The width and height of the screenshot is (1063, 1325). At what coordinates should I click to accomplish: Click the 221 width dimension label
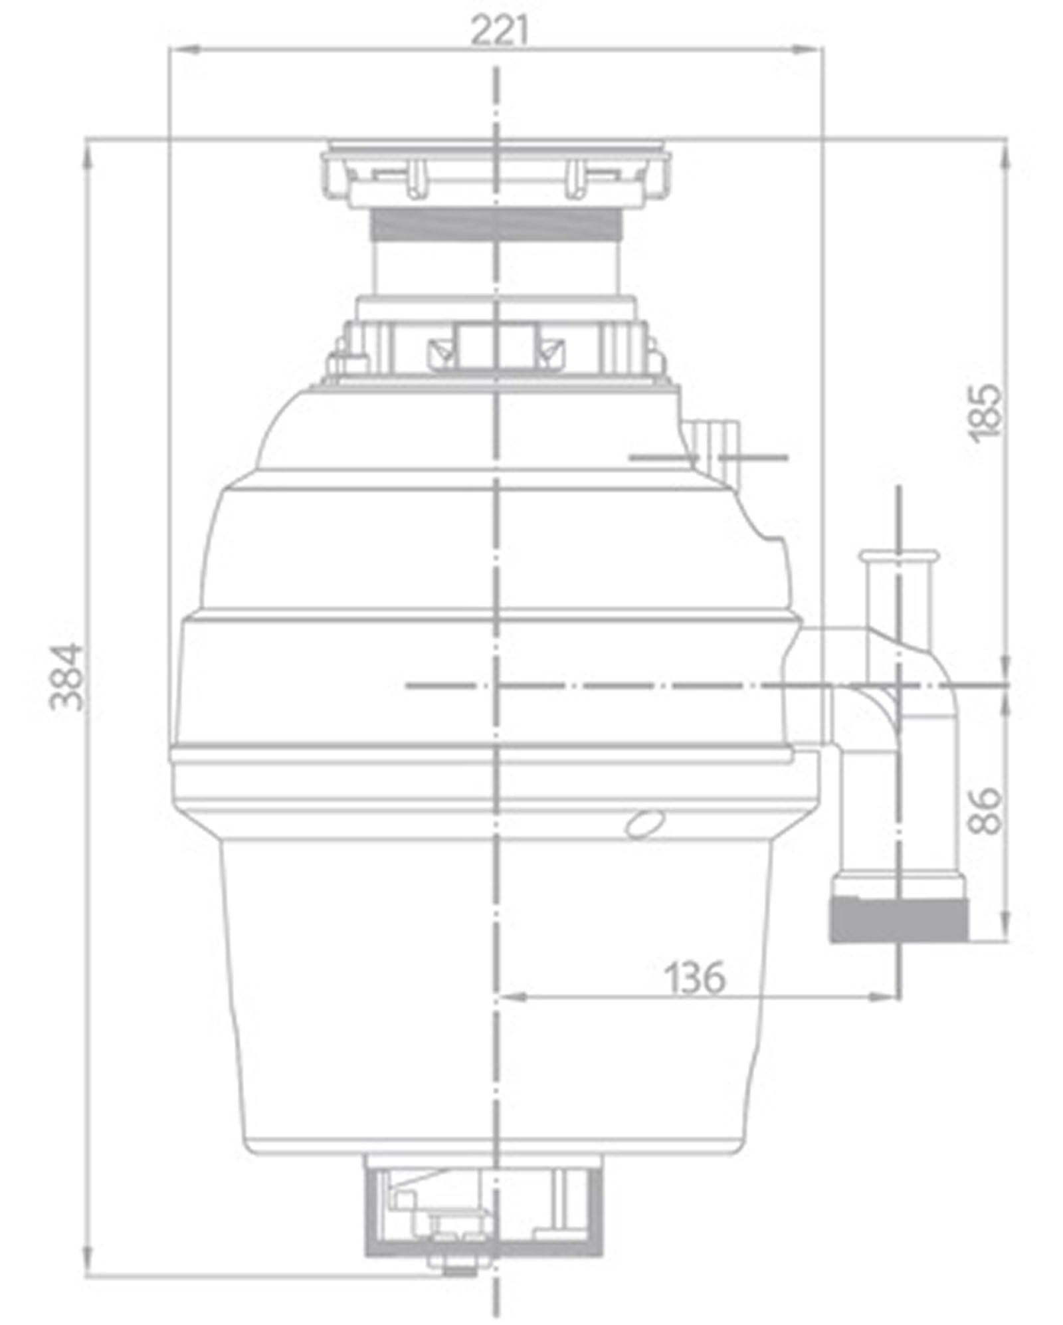[500, 31]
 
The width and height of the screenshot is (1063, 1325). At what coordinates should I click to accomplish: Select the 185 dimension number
[984, 413]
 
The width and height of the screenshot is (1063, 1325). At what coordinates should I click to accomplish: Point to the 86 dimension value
[984, 811]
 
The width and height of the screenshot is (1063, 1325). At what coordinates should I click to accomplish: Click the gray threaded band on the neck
[497, 224]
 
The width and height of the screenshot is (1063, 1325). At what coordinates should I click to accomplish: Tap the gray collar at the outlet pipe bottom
[898, 920]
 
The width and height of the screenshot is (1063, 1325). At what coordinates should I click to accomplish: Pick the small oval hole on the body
[645, 824]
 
